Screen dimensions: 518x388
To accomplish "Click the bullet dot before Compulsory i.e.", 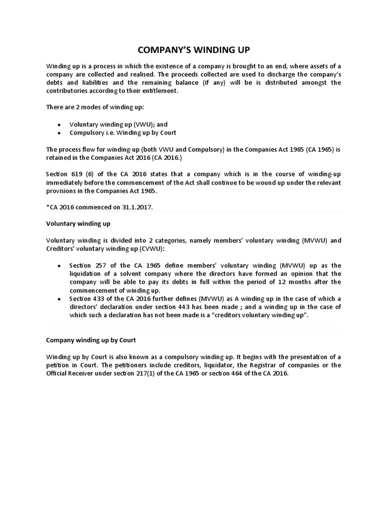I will [59, 133].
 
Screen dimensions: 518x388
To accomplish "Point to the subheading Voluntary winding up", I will [78, 223].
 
